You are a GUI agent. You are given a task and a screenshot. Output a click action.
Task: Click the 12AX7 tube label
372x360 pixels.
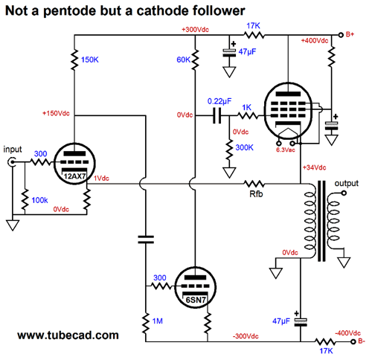74,176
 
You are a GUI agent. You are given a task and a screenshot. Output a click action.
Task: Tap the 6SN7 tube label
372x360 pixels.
196,300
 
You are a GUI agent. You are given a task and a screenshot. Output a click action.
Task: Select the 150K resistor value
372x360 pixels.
90,60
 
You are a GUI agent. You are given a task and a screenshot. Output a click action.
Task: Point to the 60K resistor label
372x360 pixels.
184,60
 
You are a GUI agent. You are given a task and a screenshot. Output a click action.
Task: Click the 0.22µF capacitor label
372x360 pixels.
219,101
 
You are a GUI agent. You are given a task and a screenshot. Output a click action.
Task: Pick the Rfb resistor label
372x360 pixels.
256,194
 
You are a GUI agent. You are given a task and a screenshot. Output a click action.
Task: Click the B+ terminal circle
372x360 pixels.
341,35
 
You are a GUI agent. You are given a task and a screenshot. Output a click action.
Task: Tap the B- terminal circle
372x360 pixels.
353,341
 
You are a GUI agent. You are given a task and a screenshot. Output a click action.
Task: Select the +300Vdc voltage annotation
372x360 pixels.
195,30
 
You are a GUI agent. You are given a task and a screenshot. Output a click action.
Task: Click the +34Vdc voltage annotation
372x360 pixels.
314,167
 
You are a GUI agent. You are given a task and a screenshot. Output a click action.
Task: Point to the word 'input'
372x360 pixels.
13,150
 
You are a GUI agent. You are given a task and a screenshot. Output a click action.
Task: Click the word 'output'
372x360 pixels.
347,184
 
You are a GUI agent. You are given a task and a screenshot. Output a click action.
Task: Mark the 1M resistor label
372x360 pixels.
158,321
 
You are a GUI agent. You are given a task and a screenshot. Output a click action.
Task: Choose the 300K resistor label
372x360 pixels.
244,147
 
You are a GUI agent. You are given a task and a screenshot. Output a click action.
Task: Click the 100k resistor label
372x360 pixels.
39,200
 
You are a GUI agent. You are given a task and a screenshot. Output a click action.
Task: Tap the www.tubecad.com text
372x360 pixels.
68,335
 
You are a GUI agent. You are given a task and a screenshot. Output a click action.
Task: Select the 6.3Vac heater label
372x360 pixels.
286,150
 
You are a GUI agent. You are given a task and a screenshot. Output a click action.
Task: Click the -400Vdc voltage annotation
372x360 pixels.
348,333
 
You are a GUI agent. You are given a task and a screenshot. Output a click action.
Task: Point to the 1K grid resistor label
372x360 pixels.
247,107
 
